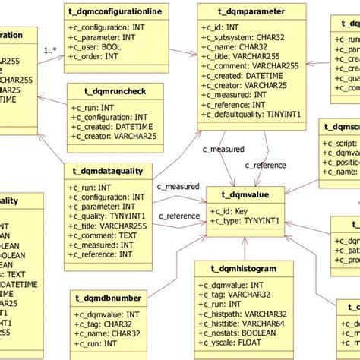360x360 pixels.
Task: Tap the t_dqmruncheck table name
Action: point(112,90)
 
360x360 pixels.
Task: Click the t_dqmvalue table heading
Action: point(244,195)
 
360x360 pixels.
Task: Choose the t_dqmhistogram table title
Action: point(245,268)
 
